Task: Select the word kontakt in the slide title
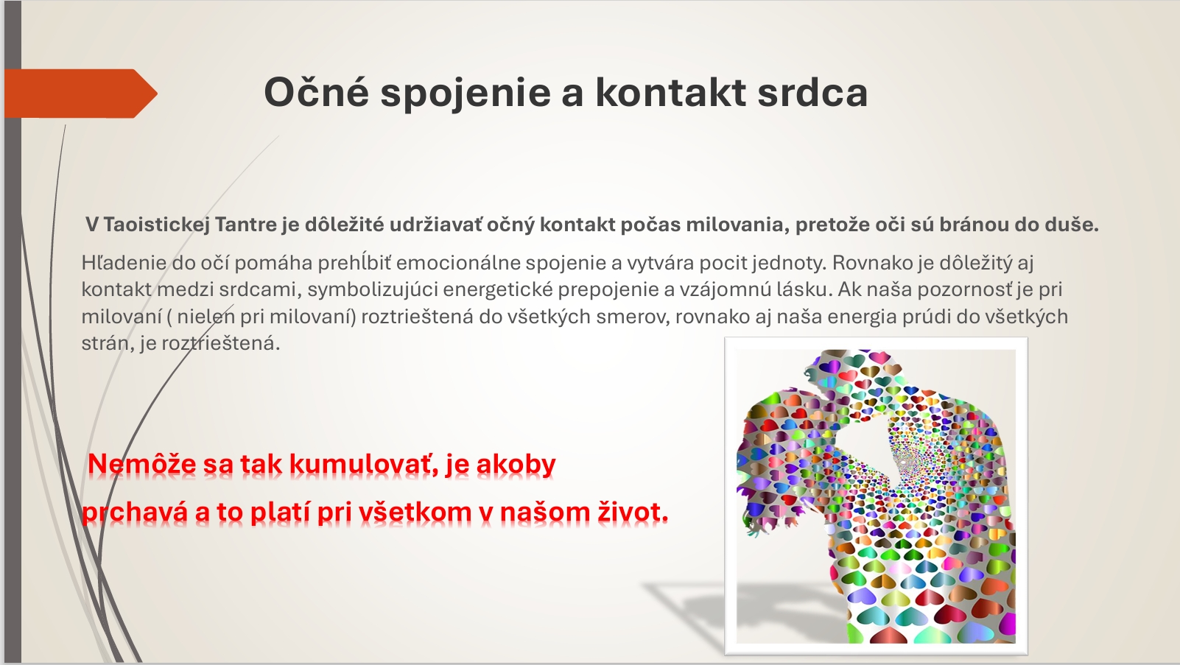670,93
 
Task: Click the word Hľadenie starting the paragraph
124,263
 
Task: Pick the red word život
633,513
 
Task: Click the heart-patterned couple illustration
876,496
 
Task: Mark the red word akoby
516,465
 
